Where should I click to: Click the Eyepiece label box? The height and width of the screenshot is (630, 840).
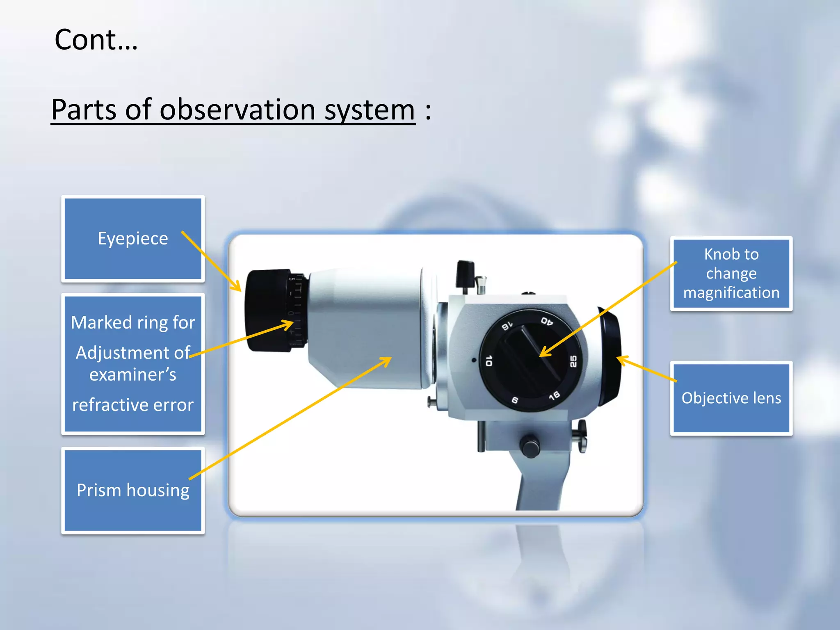(x=132, y=238)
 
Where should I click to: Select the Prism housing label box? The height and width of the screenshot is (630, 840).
(x=132, y=490)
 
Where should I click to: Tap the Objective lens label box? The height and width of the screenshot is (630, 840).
(x=731, y=398)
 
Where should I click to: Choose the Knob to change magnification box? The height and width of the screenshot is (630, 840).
(x=731, y=273)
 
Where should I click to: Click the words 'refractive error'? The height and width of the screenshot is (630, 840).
(x=132, y=405)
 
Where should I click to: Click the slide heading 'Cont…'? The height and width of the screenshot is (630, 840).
(x=96, y=40)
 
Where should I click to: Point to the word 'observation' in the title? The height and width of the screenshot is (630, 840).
(x=237, y=110)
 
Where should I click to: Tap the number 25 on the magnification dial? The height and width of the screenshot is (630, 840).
(x=573, y=361)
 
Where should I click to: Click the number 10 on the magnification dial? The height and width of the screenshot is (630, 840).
(x=488, y=361)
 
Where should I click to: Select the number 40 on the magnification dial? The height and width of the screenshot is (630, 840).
(x=547, y=321)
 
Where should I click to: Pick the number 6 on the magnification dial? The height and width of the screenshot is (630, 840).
(x=515, y=400)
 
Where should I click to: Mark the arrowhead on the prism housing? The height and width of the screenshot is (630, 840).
(x=387, y=360)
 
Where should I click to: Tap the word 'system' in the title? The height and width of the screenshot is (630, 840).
(x=370, y=110)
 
